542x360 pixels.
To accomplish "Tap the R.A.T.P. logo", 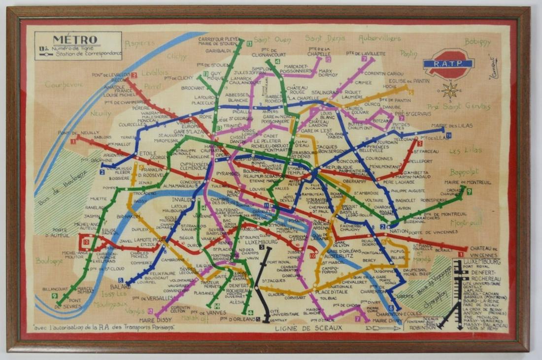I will coord(449,64).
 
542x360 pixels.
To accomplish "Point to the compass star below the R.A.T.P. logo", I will coord(449,90).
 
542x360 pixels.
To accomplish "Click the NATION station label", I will coord(399,231).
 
